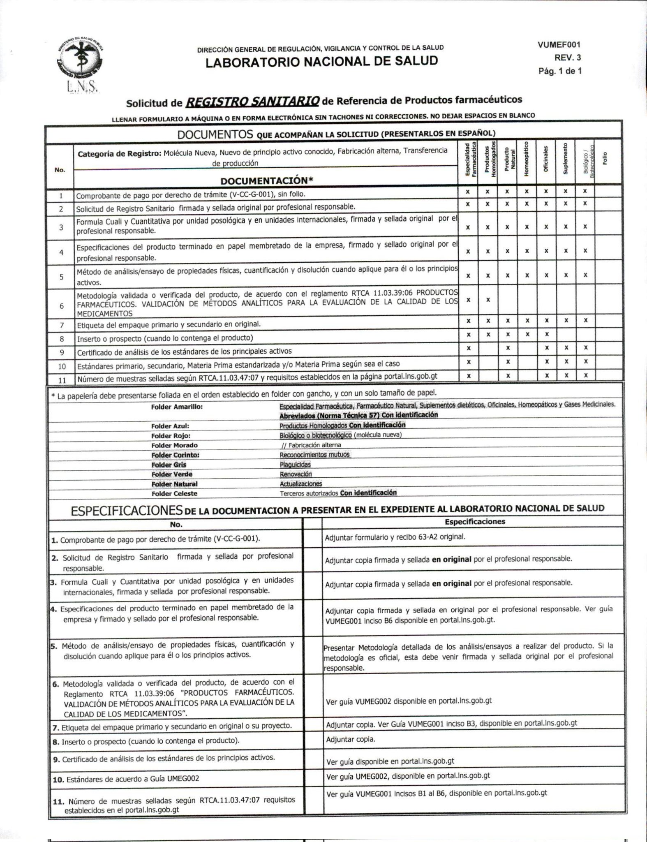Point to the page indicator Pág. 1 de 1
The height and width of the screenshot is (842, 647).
tap(560, 71)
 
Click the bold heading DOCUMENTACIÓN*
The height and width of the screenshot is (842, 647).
tap(267, 180)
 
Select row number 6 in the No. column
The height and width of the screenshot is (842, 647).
tap(61, 306)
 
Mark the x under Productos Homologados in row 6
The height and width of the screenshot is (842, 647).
tap(488, 300)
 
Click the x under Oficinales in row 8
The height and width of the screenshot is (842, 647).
tap(546, 334)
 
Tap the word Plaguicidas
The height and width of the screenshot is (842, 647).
tap(295, 465)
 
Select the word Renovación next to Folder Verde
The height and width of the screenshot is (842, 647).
tap(296, 474)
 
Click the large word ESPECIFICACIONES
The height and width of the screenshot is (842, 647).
tap(127, 511)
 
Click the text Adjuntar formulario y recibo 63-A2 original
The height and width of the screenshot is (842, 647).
tap(395, 537)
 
